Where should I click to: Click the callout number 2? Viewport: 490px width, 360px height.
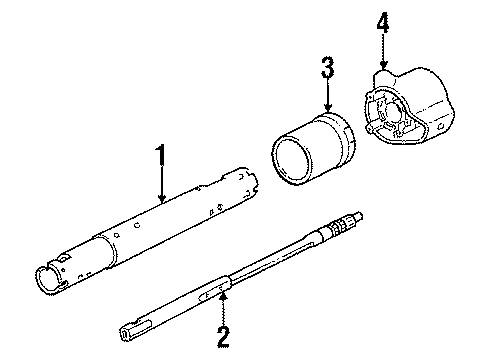click(223, 335)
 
